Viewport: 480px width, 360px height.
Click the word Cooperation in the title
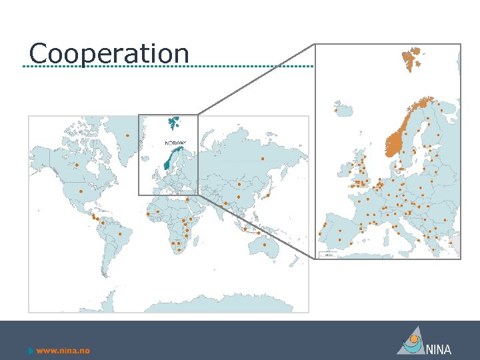(109, 53)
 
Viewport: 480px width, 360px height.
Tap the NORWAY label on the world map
(176, 143)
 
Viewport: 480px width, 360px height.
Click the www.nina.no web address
(63, 351)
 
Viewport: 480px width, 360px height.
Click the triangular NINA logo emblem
(411, 341)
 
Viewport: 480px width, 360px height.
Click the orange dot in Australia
(265, 245)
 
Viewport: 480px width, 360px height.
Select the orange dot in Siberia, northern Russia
(263, 159)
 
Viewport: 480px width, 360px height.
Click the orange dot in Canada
(77, 165)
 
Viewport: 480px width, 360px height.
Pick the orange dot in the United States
(80, 191)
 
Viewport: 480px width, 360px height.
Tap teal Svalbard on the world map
(174, 123)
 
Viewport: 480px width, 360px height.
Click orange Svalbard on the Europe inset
(411, 56)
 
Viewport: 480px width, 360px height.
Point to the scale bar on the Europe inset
(327, 255)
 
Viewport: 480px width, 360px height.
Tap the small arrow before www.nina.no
(31, 351)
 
